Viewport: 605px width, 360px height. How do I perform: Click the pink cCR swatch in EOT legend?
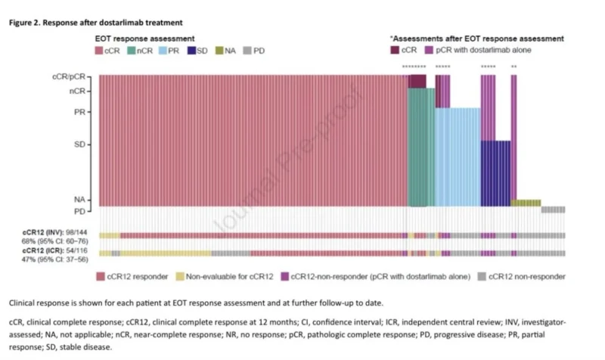coord(99,51)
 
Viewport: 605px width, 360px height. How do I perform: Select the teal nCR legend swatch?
coord(131,51)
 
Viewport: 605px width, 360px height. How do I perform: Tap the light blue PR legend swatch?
coord(163,51)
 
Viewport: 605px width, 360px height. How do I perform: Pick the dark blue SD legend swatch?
coord(191,51)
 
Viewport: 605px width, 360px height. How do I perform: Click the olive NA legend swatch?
coord(219,51)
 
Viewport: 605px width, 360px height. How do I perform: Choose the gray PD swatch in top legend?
coord(247,51)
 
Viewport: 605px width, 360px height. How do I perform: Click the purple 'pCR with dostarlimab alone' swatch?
coord(429,50)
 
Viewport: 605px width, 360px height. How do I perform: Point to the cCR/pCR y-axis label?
coord(69,77)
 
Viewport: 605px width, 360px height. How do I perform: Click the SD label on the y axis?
coord(79,144)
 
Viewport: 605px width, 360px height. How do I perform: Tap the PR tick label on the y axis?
coord(79,112)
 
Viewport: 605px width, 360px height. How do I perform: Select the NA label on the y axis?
coord(79,200)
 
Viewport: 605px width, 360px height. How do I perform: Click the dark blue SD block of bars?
coord(496,174)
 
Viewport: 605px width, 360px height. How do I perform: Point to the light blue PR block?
coord(458,157)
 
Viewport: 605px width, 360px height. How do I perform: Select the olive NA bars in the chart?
coord(526,203)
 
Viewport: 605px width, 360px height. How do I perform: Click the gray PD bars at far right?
coord(553,209)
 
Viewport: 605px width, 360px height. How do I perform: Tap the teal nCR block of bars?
coord(421,147)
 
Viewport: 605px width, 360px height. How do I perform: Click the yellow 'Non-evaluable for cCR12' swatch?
coord(180,276)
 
